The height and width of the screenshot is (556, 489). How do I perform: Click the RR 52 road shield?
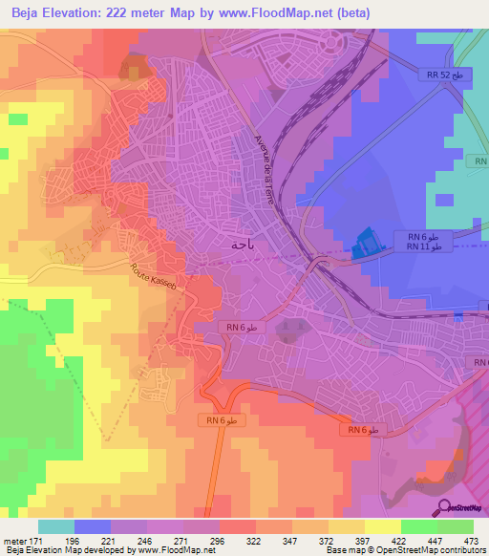[443, 74]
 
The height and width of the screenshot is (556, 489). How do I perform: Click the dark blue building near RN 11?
[364, 246]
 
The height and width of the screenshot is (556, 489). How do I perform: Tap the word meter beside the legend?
[13, 541]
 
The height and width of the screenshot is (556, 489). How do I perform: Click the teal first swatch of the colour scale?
[56, 526]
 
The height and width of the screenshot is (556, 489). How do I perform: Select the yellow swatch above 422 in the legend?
[382, 526]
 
